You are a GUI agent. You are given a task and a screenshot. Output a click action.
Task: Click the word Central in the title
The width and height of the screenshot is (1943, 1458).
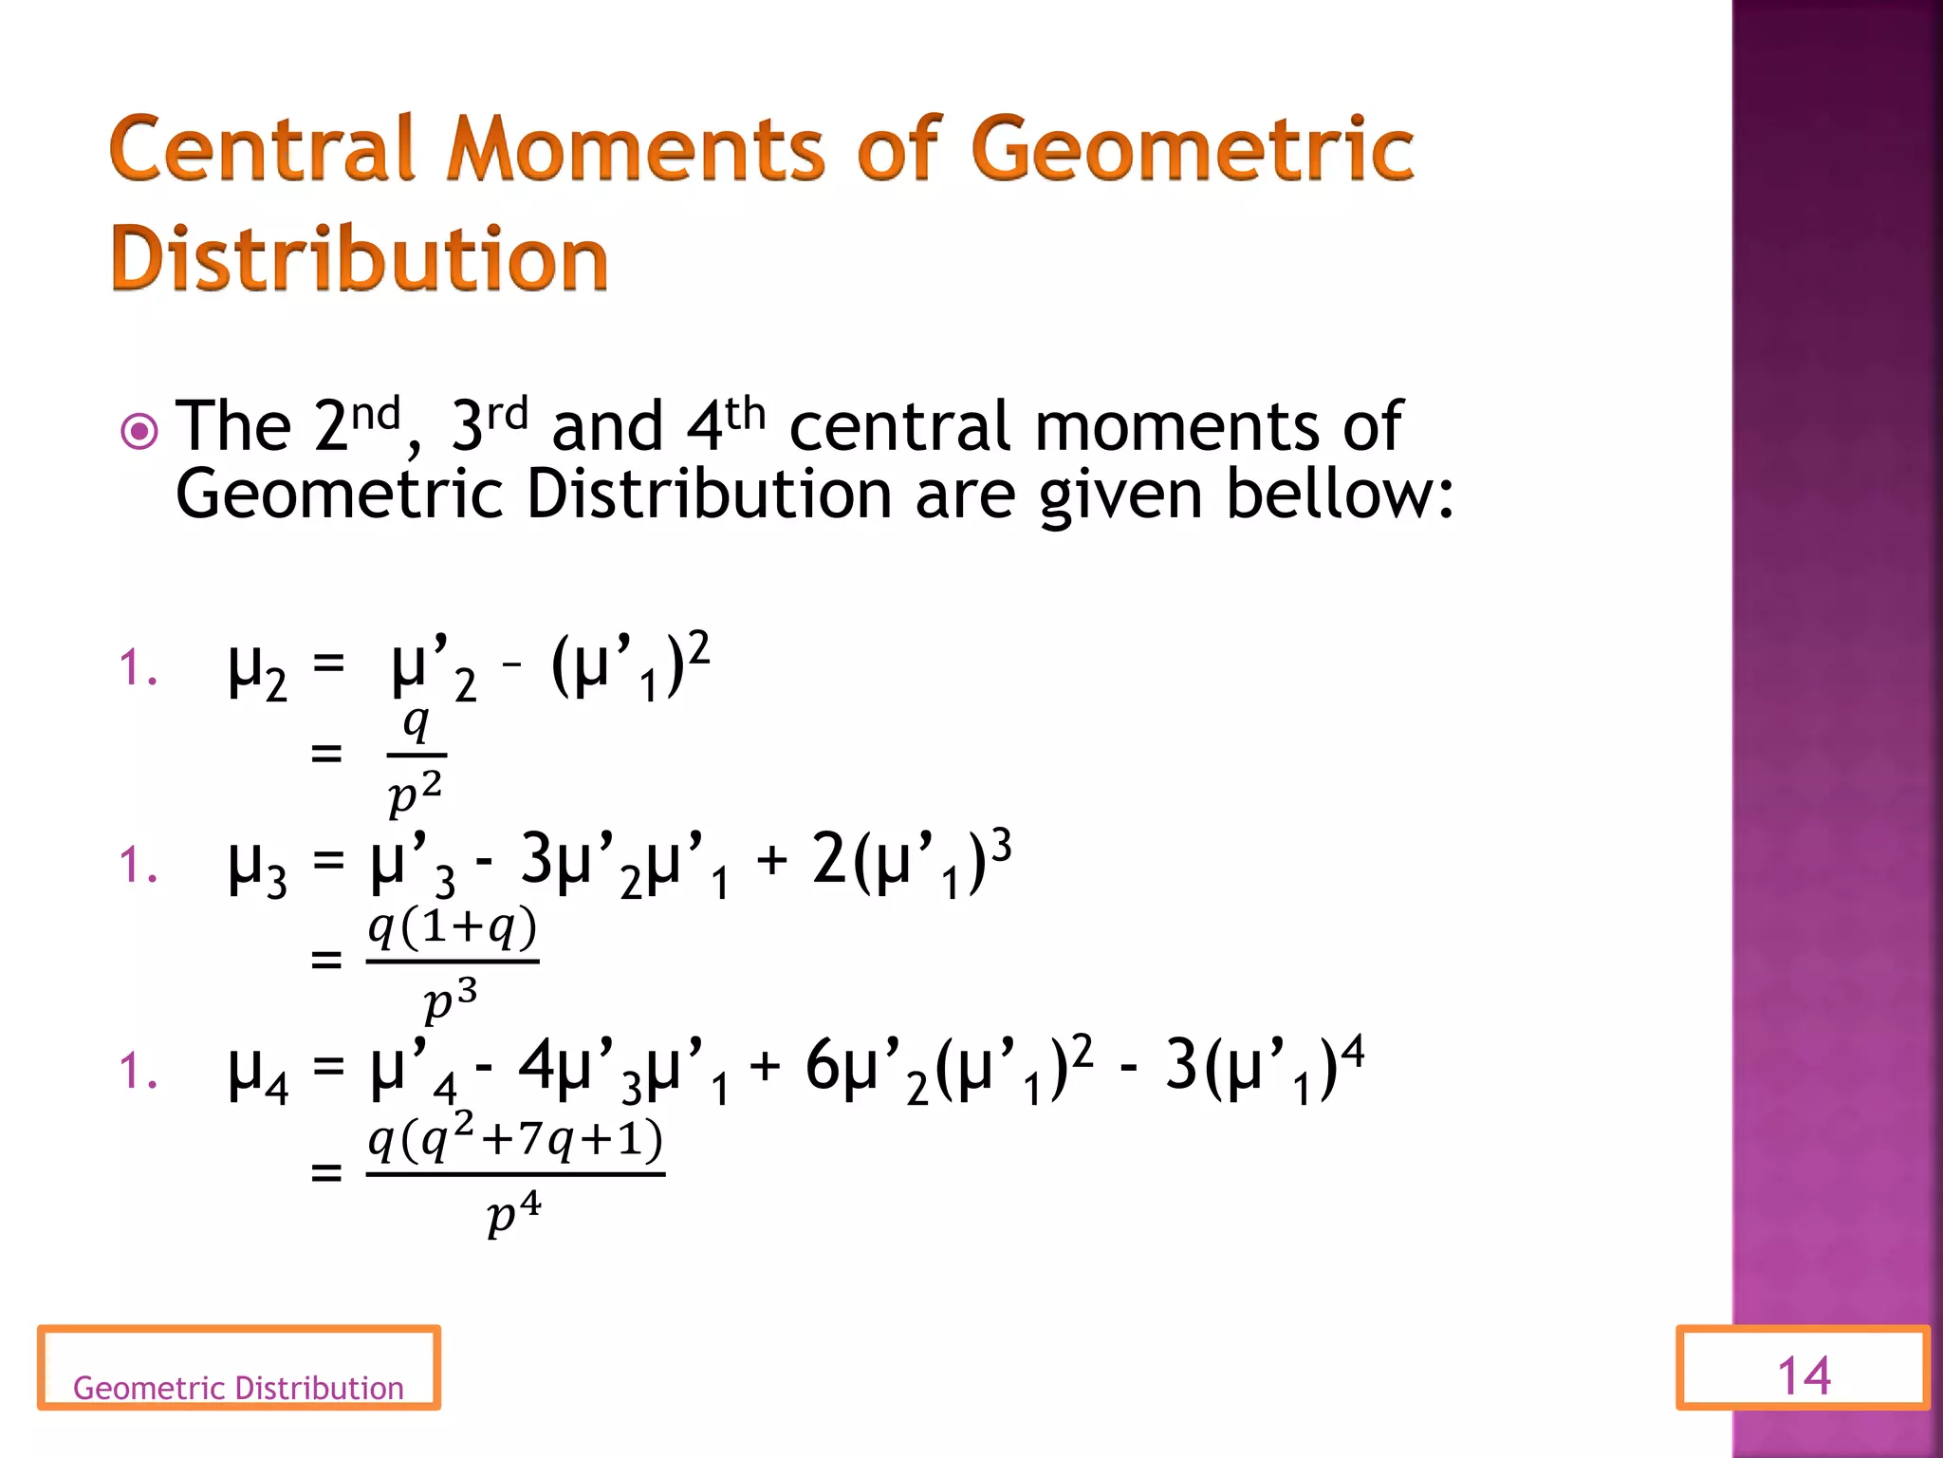coord(262,149)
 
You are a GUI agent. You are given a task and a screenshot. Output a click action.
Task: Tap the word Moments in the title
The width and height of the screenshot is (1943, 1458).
coord(636,149)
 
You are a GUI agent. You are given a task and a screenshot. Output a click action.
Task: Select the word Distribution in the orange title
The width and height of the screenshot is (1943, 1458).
coord(360,258)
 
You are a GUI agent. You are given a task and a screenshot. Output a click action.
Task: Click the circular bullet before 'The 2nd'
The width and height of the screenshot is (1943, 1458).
coord(140,433)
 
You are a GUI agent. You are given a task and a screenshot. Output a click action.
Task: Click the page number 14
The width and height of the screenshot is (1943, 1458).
coord(1803,1375)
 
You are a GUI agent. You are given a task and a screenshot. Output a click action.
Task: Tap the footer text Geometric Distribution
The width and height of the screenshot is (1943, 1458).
coord(238,1388)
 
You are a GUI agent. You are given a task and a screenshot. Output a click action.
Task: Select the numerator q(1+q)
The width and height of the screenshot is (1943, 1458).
coord(453,927)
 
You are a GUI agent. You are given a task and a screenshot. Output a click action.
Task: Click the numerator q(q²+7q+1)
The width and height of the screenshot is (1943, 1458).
coord(515,1138)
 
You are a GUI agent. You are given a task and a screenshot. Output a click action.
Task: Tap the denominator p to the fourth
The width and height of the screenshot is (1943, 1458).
coord(513,1213)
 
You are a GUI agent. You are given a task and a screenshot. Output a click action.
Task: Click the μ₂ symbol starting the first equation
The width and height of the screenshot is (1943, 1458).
coord(256,669)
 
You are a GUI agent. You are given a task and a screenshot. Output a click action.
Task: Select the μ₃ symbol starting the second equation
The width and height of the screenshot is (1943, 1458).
coord(256,867)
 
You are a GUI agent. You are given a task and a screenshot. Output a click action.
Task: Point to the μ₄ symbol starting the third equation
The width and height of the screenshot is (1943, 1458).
coord(257,1073)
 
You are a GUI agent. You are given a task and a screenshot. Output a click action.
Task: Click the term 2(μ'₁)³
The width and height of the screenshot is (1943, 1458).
coord(911,861)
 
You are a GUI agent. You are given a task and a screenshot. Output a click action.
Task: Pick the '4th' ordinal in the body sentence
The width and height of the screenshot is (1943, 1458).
coord(725,425)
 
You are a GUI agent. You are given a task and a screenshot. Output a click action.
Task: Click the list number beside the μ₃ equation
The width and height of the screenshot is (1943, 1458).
coord(138,865)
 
